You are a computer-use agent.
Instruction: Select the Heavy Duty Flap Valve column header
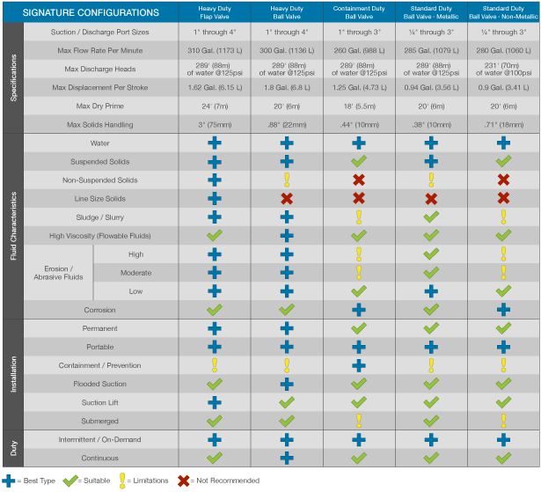tap(214, 13)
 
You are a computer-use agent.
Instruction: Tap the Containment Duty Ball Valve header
tap(358, 13)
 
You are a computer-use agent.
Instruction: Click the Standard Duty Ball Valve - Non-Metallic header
tap(503, 13)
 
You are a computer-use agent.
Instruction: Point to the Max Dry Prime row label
tap(100, 106)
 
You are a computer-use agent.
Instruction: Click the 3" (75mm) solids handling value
tap(214, 124)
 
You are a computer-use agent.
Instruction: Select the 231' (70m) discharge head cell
tap(503, 69)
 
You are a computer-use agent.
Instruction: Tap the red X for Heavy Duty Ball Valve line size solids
tap(286, 199)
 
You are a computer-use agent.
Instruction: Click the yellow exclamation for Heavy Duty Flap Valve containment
tap(214, 365)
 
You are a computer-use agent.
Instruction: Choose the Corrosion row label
tap(100, 310)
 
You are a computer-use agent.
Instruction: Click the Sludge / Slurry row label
tap(100, 217)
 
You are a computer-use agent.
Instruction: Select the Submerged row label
tap(100, 421)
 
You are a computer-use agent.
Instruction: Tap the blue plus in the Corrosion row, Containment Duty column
tap(358, 310)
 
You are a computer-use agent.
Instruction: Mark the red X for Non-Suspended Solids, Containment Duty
tap(358, 180)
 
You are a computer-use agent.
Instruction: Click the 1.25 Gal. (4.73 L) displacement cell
tap(358, 87)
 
